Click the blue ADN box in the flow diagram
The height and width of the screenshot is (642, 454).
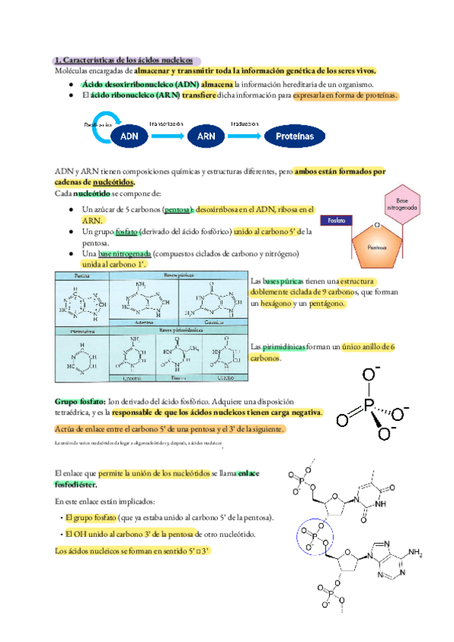pyautogui.click(x=130, y=136)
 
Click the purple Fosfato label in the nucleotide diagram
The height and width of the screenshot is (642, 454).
pyautogui.click(x=337, y=220)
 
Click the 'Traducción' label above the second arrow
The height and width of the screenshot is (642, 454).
pyautogui.click(x=245, y=123)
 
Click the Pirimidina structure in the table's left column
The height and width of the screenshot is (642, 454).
pyautogui.click(x=82, y=357)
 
